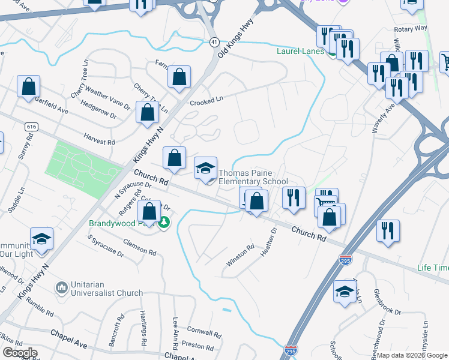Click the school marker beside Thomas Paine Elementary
(x=205, y=170)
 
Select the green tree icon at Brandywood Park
(x=163, y=223)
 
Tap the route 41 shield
(x=214, y=41)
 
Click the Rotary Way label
(x=411, y=28)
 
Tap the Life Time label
(x=433, y=267)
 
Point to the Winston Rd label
(x=240, y=255)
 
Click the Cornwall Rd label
(x=205, y=332)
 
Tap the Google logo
(x=20, y=353)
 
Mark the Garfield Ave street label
(x=52, y=106)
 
